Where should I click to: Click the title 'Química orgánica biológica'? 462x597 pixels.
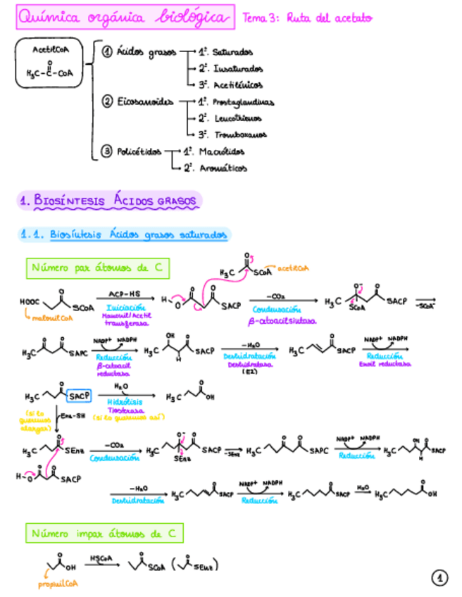point(125,18)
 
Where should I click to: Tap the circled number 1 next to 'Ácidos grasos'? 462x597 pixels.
point(107,52)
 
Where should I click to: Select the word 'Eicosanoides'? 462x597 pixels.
point(144,102)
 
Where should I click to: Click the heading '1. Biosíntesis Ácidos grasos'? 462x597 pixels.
point(108,201)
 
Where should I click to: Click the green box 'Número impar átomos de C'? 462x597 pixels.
point(104,534)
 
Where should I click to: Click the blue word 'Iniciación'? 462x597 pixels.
point(125,308)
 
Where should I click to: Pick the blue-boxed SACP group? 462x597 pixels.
point(71,396)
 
